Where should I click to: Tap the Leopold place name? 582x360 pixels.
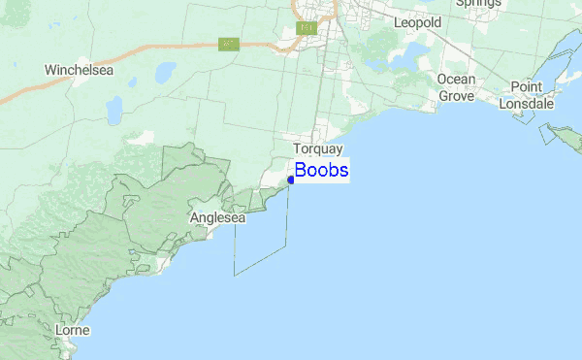(417, 21)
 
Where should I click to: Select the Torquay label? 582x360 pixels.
(319, 149)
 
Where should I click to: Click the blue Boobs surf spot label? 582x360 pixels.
(322, 171)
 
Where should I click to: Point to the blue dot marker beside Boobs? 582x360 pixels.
(291, 180)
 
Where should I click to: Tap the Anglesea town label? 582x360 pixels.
(218, 218)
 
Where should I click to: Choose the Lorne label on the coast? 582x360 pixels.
(73, 331)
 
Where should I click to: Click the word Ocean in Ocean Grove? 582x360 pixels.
(456, 79)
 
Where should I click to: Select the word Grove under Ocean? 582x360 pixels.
(456, 96)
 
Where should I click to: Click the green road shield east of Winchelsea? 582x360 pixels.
(229, 44)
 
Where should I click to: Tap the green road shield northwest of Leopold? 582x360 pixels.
(307, 28)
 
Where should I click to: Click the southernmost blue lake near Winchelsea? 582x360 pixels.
(114, 110)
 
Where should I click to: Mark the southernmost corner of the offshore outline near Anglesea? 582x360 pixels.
(235, 275)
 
